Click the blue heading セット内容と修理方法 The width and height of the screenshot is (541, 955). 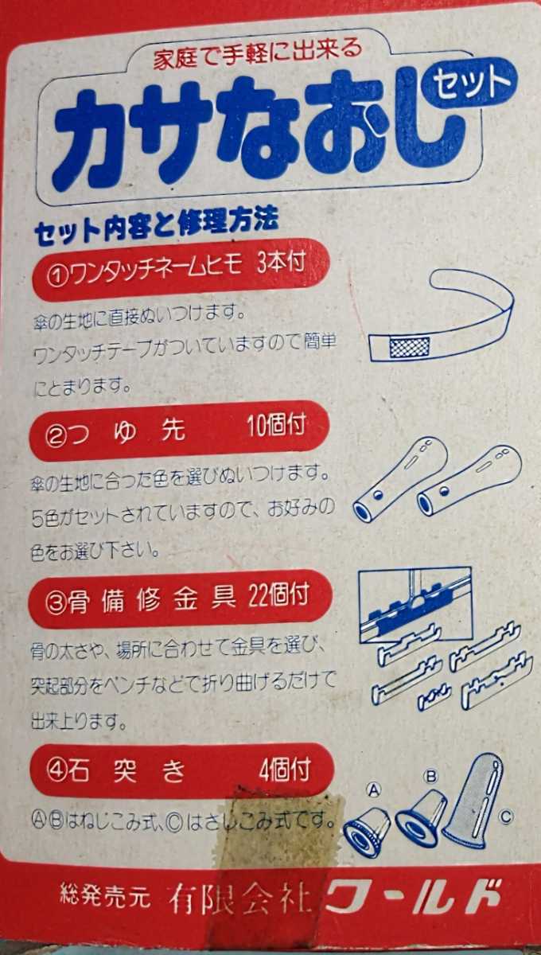pos(157,225)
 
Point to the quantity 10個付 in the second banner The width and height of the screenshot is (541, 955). pos(276,425)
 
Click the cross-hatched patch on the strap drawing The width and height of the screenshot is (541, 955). pos(409,348)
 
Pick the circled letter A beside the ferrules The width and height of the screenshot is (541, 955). pos(374,790)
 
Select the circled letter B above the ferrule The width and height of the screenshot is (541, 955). pos(431,775)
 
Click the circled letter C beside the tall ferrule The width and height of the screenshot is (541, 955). pos(506,817)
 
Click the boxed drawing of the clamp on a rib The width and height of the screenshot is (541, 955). pos(415,604)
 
